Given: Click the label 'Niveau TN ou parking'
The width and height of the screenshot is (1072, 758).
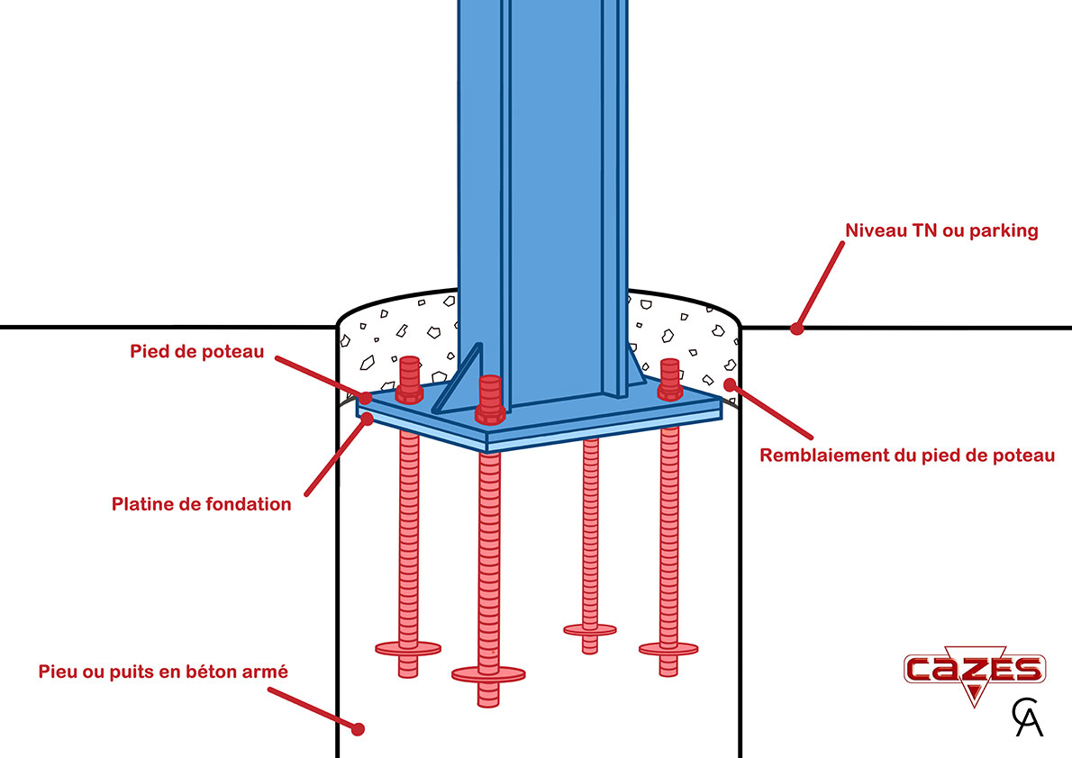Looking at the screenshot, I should coord(941,230).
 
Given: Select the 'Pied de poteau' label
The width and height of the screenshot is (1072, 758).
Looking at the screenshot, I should coord(196,351).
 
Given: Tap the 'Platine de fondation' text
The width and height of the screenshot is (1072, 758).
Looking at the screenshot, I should coord(202,504).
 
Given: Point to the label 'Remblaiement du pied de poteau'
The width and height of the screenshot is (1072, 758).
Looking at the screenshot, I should coord(907,456).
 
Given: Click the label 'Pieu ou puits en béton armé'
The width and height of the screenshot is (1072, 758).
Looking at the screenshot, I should coord(163,672).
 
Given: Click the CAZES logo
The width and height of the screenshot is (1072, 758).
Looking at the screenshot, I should coord(974,671).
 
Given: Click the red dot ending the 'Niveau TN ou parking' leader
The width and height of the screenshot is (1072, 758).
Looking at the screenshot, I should coord(796,329).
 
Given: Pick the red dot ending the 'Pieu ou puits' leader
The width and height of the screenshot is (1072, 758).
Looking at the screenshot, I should coord(358,728).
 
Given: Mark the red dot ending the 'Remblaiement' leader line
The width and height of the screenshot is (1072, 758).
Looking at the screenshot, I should coord(730,384).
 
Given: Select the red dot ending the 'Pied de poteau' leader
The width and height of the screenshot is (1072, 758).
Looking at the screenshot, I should coord(365,397).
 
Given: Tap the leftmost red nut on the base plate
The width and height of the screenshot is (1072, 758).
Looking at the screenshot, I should coord(408,380).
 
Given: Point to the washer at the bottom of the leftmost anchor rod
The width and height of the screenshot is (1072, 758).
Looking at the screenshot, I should coord(408,647).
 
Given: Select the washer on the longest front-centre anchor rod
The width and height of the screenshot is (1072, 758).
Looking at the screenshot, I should coord(488,672).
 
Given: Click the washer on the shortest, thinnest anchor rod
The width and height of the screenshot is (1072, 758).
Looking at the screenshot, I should coord(590,629).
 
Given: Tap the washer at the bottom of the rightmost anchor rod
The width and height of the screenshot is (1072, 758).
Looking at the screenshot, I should coord(669,647).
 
